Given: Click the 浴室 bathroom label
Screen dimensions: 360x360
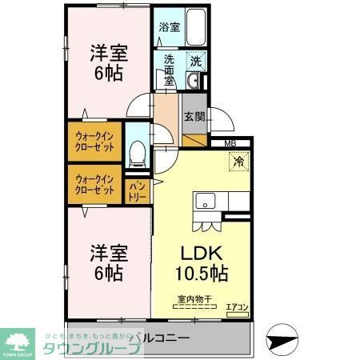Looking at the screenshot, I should pos(169,26).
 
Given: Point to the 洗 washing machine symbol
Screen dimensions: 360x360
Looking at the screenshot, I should pos(197,59).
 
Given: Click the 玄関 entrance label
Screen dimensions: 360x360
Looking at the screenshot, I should pos(194,117).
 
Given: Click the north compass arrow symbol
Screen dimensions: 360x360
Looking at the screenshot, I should pos(282,338).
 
